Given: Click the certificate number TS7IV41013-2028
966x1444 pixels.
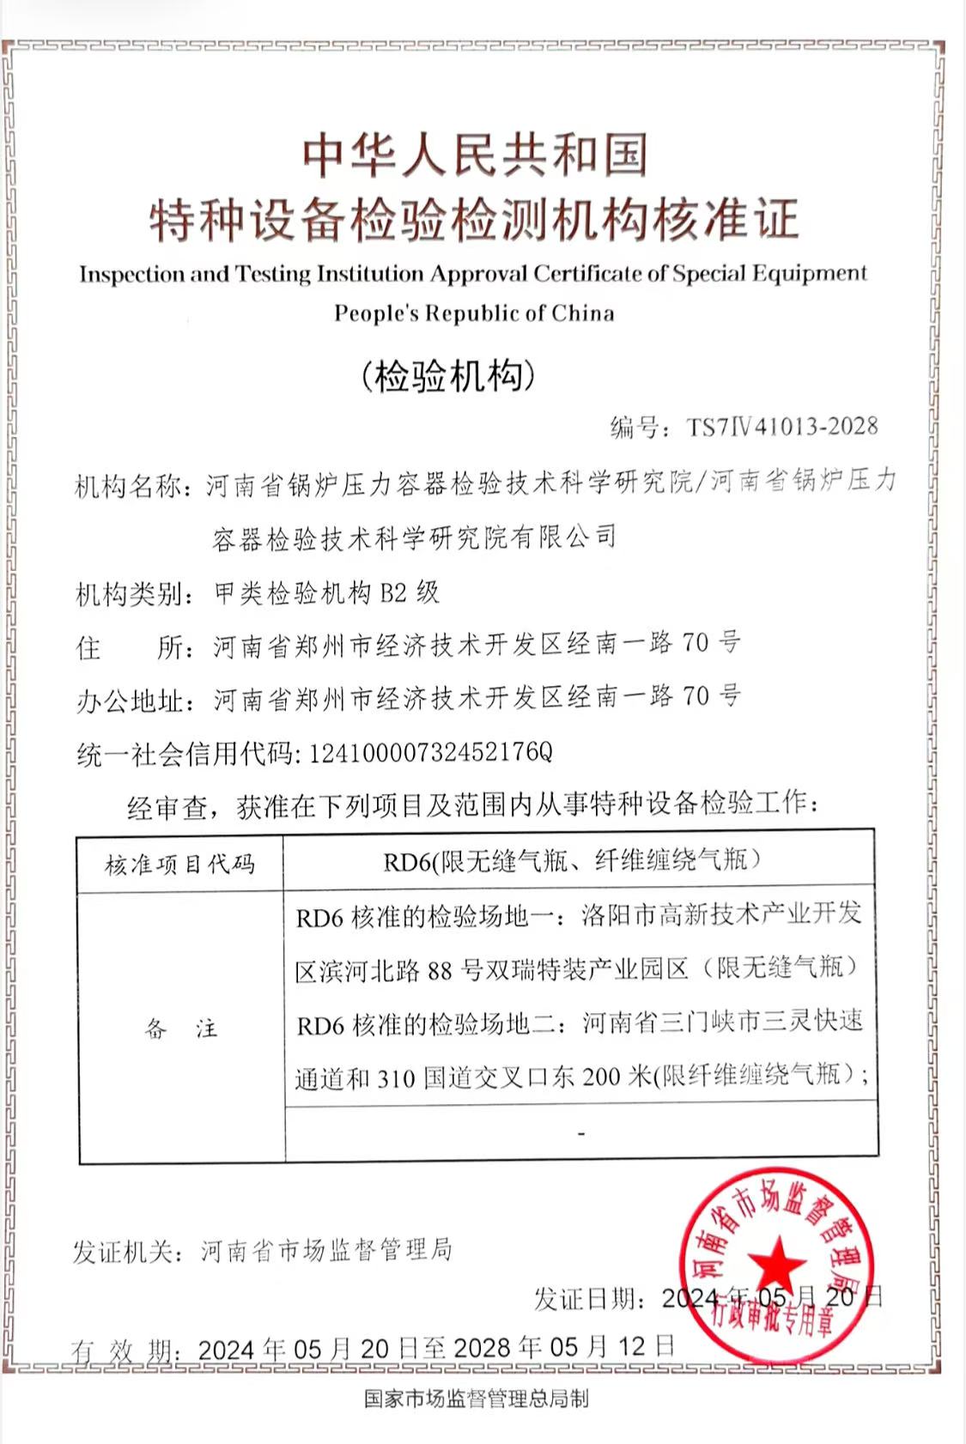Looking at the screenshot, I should [781, 427].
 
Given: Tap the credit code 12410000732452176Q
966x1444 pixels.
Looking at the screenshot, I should [430, 753].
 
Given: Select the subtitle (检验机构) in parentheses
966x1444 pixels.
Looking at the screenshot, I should [448, 376].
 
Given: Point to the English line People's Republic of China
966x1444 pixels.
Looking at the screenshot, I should [474, 313].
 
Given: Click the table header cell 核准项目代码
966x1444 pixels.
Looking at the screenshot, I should [180, 864].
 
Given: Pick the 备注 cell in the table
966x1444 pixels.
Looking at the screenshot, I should [180, 1028].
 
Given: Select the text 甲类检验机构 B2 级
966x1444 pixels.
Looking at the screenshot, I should [326, 592].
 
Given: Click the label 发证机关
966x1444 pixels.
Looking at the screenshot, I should [127, 1253].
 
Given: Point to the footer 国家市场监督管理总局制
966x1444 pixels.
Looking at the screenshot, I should [476, 1399].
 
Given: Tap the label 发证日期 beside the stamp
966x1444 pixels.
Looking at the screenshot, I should [589, 1299].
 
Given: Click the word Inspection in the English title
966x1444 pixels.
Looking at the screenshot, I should [131, 275].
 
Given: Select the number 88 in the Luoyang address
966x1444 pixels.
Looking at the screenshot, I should [439, 971].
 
